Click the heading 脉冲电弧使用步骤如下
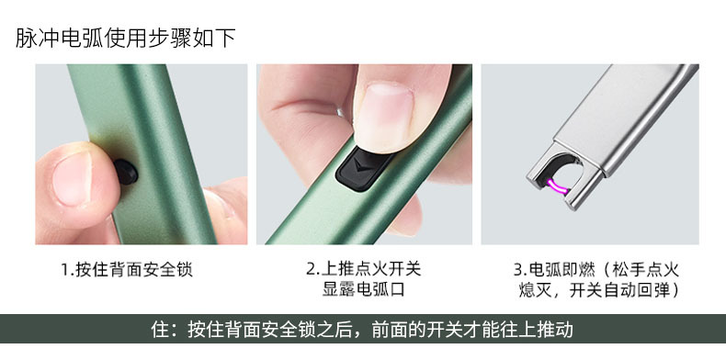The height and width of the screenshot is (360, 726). (126, 38)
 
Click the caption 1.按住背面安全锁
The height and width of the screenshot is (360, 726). (127, 270)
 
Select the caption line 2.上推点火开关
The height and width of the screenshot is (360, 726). (363, 270)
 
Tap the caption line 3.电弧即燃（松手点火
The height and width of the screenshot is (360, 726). (596, 270)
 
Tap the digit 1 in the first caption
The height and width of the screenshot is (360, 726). (65, 270)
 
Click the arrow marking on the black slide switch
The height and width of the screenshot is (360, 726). (360, 169)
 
